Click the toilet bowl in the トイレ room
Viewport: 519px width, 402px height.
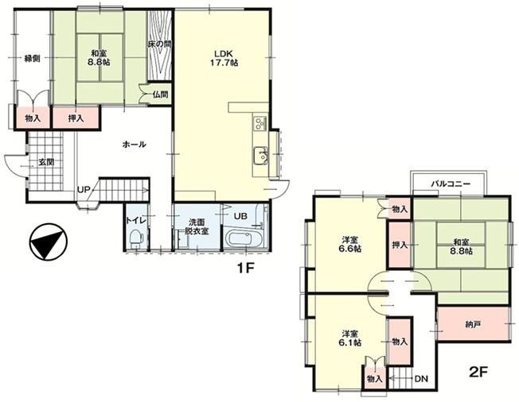point(136,238)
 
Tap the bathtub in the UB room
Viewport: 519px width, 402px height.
point(244,238)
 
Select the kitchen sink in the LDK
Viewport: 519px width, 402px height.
point(260,155)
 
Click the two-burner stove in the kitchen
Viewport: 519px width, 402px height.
point(260,123)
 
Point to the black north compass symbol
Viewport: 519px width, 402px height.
point(48,242)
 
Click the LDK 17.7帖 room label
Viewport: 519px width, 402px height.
point(224,58)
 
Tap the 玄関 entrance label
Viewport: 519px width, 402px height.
point(46,162)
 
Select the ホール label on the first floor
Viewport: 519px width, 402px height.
point(134,145)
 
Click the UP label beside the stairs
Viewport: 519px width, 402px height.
point(84,190)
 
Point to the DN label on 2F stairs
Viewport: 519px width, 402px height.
point(422,378)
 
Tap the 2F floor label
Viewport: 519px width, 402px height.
point(479,373)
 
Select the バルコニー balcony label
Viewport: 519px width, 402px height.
point(451,184)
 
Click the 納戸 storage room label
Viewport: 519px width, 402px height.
point(473,325)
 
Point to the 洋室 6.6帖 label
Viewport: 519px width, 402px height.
point(350,244)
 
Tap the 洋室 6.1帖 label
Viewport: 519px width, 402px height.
point(350,338)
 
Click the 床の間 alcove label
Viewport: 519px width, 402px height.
point(159,44)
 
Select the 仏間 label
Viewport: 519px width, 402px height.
point(160,95)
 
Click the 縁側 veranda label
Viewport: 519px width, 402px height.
point(32,59)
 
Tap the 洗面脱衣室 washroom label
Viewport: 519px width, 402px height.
point(197,226)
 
